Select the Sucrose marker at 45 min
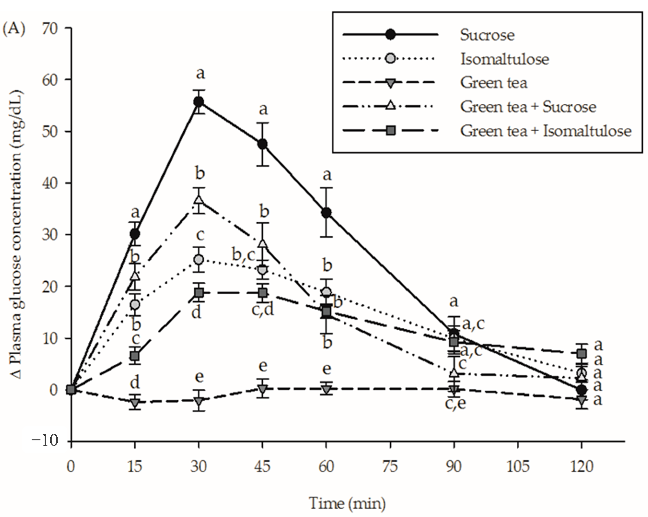263,144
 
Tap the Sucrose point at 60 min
326,213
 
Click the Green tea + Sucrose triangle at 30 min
198,200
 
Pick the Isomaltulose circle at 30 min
198,260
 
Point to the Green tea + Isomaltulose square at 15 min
135,356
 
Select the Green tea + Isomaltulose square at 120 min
582,354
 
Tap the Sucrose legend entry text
487,35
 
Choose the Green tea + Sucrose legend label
528,107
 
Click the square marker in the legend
390,131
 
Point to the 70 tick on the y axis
49,29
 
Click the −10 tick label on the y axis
45,441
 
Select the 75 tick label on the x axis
390,467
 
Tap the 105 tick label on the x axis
518,467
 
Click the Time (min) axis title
347,503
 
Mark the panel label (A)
13,29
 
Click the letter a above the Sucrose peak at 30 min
200,73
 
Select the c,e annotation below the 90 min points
455,403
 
